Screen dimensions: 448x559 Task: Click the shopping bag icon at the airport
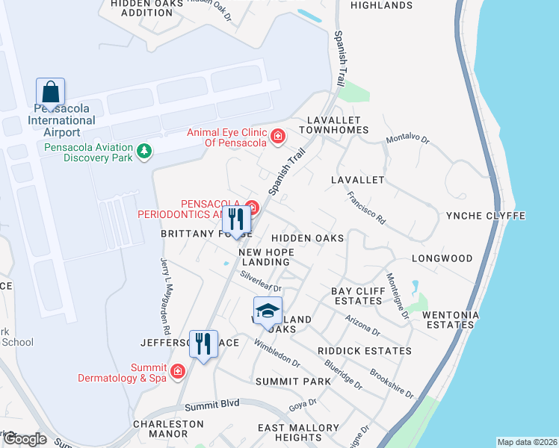click(50, 93)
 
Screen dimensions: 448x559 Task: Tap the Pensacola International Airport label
click(62, 120)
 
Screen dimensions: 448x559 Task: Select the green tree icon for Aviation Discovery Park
click(144, 152)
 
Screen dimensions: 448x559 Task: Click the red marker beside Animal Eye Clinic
click(278, 136)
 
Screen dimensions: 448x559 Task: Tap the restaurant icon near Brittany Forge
click(237, 220)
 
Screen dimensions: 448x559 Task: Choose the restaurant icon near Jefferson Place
click(203, 344)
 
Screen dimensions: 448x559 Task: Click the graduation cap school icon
click(268, 311)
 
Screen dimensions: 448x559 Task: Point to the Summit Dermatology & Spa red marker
click(178, 371)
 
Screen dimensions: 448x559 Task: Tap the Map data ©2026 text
click(527, 442)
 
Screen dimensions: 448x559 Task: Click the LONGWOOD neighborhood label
click(442, 258)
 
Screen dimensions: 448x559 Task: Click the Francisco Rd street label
click(366, 208)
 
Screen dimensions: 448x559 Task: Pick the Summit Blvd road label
click(212, 404)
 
